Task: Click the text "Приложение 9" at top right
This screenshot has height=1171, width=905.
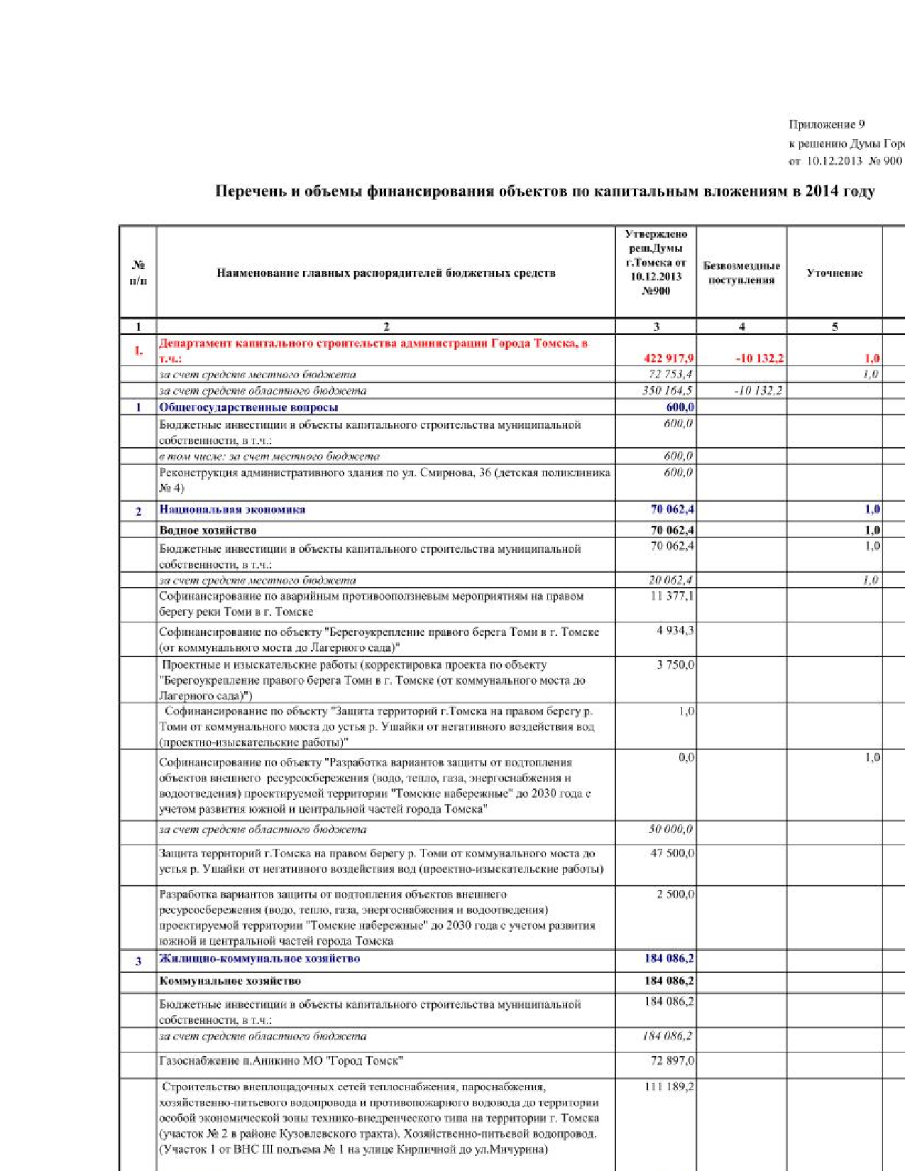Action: pyautogui.click(x=826, y=124)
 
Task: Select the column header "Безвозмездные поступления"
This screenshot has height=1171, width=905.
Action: pyautogui.click(x=741, y=273)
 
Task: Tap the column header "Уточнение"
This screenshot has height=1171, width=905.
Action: pyautogui.click(x=834, y=273)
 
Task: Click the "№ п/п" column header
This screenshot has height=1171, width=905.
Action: pyautogui.click(x=138, y=273)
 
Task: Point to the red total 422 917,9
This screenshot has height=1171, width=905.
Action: pyautogui.click(x=669, y=358)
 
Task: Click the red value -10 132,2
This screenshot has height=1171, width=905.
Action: pyautogui.click(x=759, y=358)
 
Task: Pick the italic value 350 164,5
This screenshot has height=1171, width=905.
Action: pyautogui.click(x=667, y=390)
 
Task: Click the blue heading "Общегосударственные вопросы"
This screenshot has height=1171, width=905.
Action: pyautogui.click(x=248, y=407)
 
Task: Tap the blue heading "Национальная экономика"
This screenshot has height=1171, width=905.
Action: pyautogui.click(x=232, y=510)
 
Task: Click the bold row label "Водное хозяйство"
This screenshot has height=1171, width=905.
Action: pyautogui.click(x=208, y=530)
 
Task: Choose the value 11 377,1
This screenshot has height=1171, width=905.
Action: pyautogui.click(x=672, y=596)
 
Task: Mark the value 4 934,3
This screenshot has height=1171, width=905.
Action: pyautogui.click(x=675, y=630)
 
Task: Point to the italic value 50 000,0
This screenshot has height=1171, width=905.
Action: pyautogui.click(x=670, y=829)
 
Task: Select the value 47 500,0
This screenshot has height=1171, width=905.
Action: pyautogui.click(x=672, y=853)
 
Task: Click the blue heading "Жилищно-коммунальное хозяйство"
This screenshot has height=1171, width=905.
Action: pyautogui.click(x=260, y=959)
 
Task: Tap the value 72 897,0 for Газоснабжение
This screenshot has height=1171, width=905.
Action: pyautogui.click(x=672, y=1061)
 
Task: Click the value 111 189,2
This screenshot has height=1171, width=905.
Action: pyautogui.click(x=669, y=1087)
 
